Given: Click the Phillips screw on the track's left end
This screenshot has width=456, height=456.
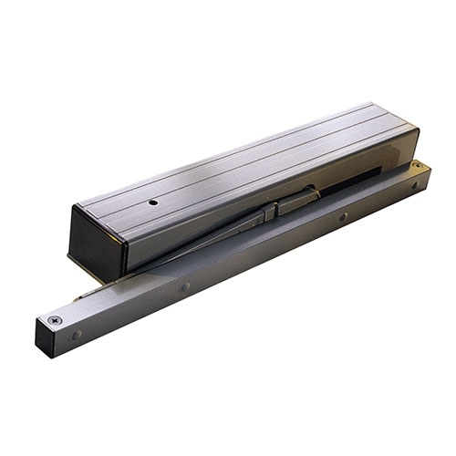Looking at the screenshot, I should click(x=56, y=320).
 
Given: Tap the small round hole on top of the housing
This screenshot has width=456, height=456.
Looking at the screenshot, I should click(x=154, y=202).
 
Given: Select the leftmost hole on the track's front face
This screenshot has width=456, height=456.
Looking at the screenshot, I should click(x=77, y=335).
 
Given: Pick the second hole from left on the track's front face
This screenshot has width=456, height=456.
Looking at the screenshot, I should click(x=185, y=286).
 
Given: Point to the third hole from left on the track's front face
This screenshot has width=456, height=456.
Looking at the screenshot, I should click(x=343, y=217).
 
